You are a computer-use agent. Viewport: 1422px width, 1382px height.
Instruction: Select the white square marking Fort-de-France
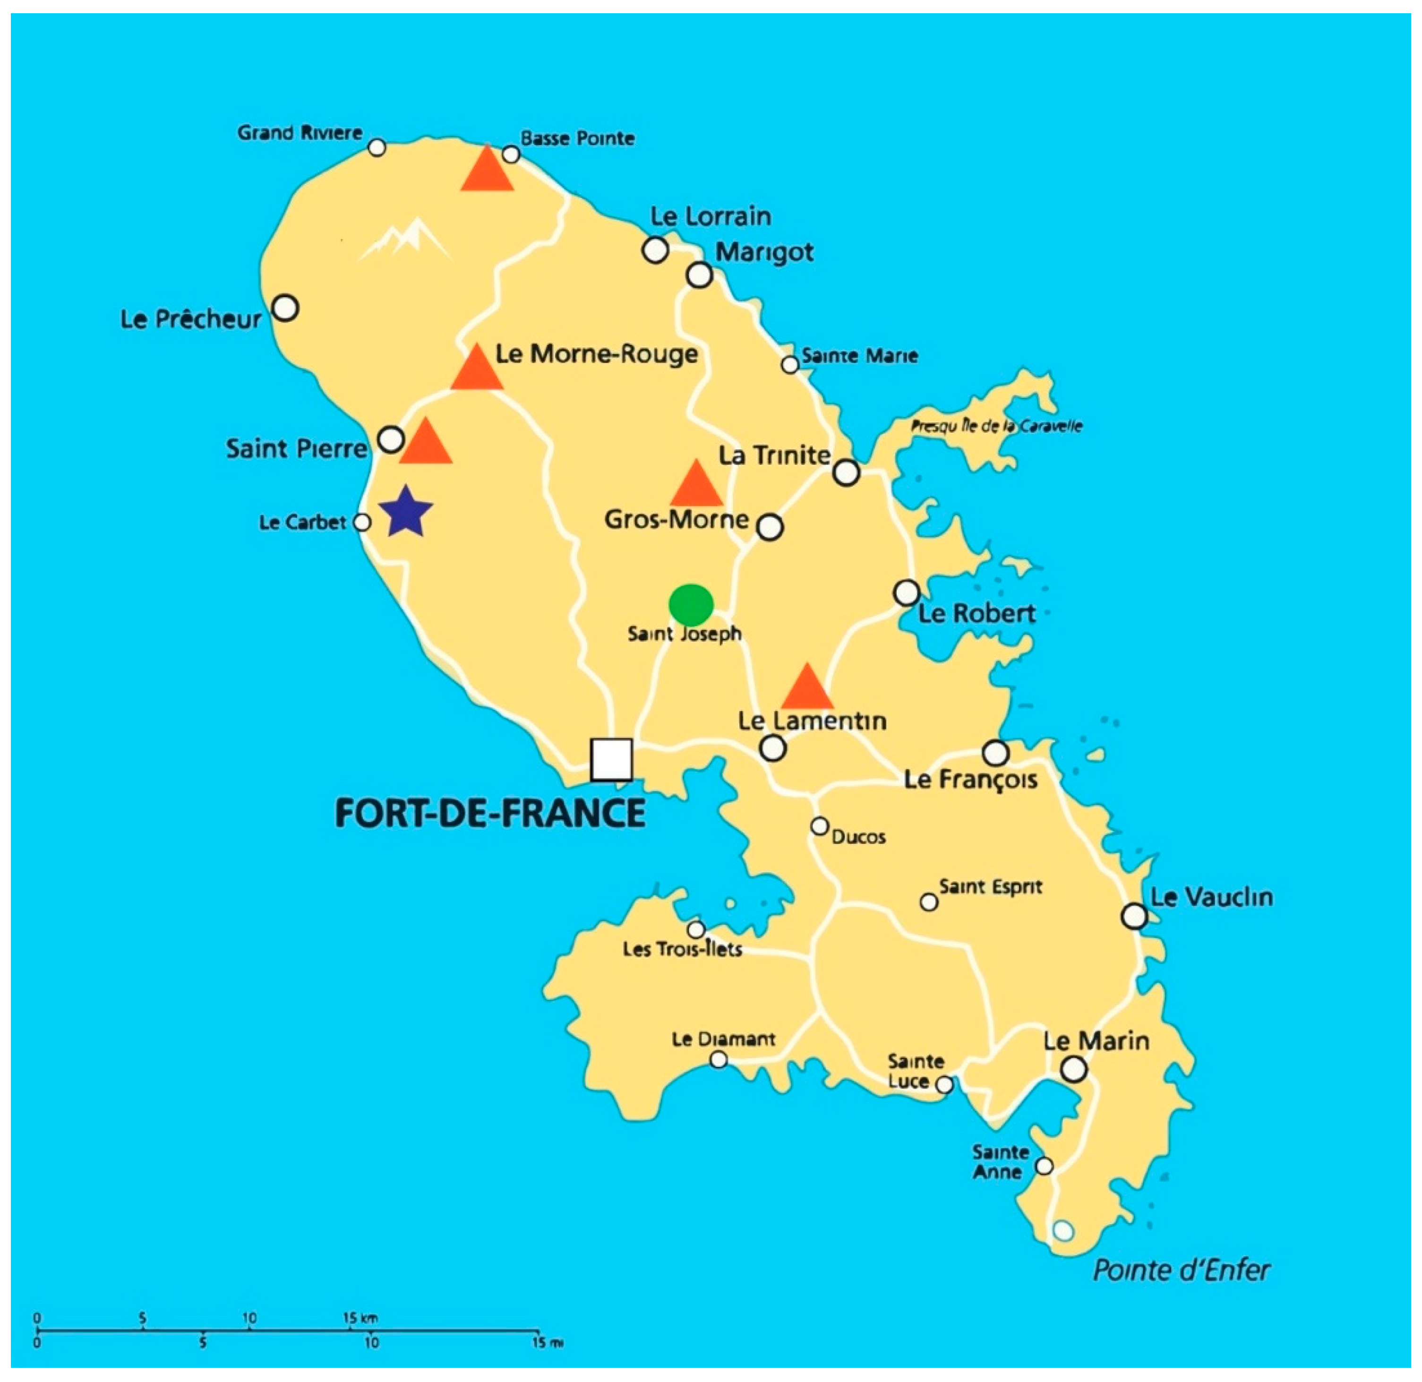[x=611, y=759]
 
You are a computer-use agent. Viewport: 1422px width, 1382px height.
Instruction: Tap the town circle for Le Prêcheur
[x=285, y=308]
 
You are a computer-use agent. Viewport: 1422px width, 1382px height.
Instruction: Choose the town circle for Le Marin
[x=1073, y=1068]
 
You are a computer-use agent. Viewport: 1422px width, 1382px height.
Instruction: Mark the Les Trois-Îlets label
[x=682, y=949]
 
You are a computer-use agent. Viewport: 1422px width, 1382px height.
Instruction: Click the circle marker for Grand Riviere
[x=377, y=147]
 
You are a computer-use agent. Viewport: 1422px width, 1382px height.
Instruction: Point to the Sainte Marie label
[x=859, y=356]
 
